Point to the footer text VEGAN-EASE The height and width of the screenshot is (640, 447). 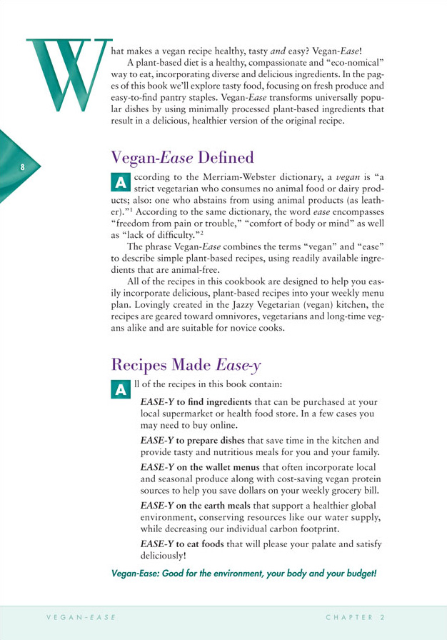(78, 616)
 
